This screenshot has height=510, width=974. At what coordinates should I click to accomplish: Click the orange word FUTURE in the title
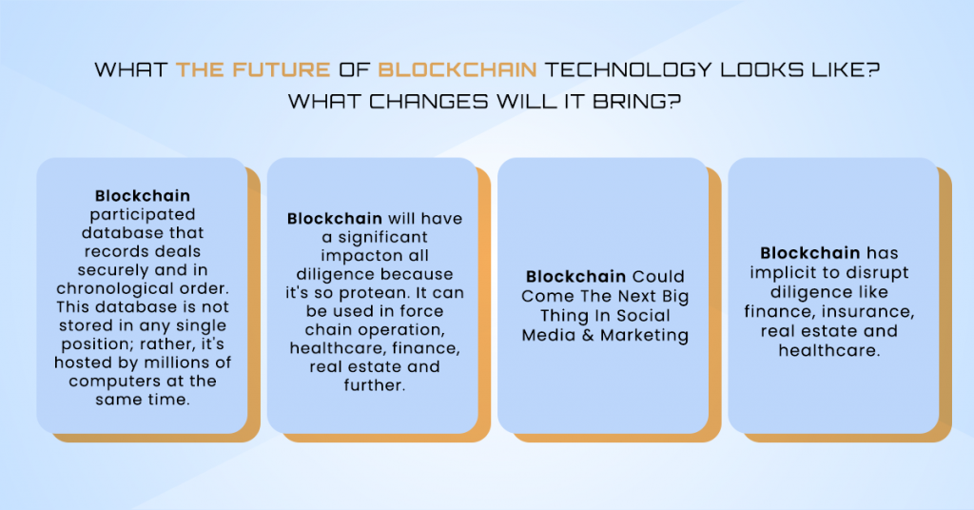[283, 69]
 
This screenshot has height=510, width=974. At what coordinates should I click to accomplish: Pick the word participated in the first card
[142, 215]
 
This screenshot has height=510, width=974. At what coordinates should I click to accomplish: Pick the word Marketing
[644, 335]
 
